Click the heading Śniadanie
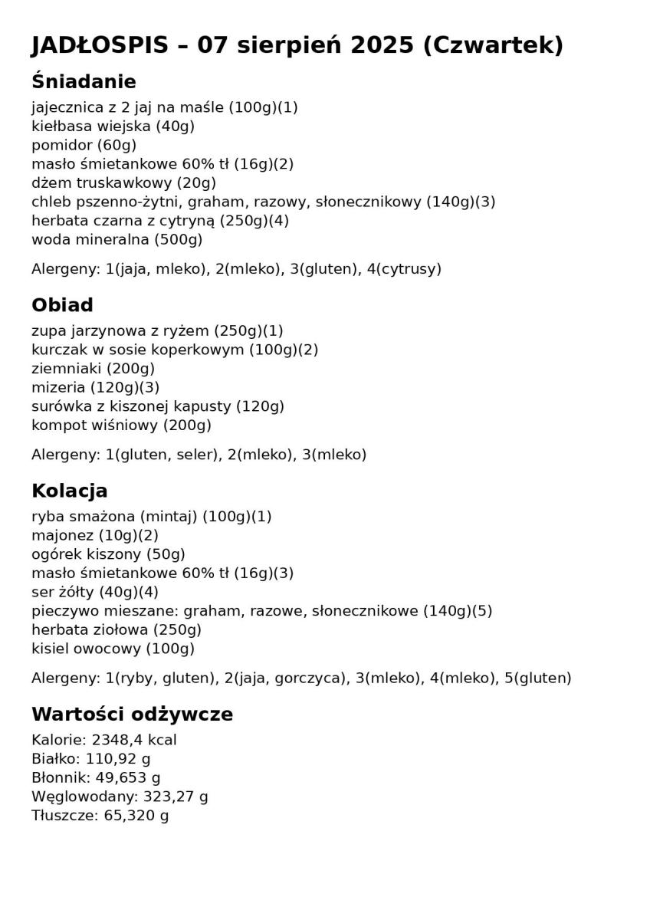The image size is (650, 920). (x=84, y=82)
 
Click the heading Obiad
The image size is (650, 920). (x=62, y=305)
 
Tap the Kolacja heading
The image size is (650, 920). (x=69, y=491)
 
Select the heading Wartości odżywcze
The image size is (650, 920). (x=132, y=715)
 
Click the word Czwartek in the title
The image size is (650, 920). (x=493, y=46)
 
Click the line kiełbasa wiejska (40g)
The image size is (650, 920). (x=113, y=127)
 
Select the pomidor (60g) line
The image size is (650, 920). (x=84, y=145)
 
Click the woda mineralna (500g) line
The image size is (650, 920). (x=117, y=240)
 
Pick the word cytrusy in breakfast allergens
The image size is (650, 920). (x=412, y=269)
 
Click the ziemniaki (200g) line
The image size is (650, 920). (x=93, y=369)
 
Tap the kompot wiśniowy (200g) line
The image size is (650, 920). (x=121, y=426)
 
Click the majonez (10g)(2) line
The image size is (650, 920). (x=95, y=536)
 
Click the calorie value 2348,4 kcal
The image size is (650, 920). (x=134, y=741)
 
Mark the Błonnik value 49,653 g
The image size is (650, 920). (x=128, y=778)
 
